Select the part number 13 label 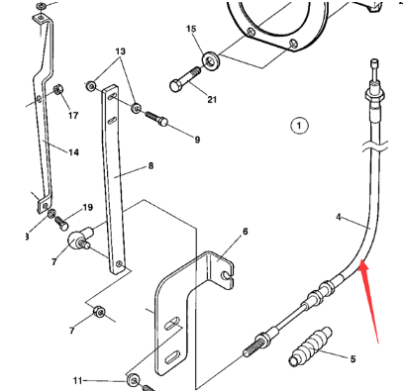pos(121,50)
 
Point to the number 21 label pos(212,99)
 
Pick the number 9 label pos(196,140)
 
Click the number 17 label pos(72,116)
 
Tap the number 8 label pos(151,166)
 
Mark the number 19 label pos(87,208)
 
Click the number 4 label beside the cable pos(338,217)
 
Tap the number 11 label pos(78,379)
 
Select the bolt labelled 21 pos(185,82)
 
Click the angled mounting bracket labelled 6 pos(188,297)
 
